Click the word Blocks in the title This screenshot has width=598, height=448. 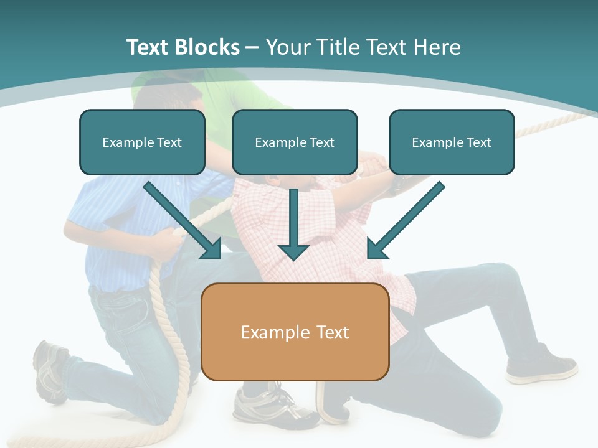tap(207, 47)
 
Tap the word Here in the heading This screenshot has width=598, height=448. tap(437, 47)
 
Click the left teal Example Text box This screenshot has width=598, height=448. tap(142, 142)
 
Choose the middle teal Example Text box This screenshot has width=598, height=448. tap(295, 142)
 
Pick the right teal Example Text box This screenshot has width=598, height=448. tap(452, 142)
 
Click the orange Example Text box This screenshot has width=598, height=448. tap(295, 332)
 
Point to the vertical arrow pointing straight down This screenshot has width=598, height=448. tap(293, 225)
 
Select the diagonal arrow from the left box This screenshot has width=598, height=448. tap(183, 220)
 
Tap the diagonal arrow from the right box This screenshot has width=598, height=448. tap(406, 220)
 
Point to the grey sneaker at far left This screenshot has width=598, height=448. tap(50, 371)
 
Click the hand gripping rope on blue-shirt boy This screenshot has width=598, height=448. tap(168, 243)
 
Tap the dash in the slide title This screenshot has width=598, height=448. tap(252, 49)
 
